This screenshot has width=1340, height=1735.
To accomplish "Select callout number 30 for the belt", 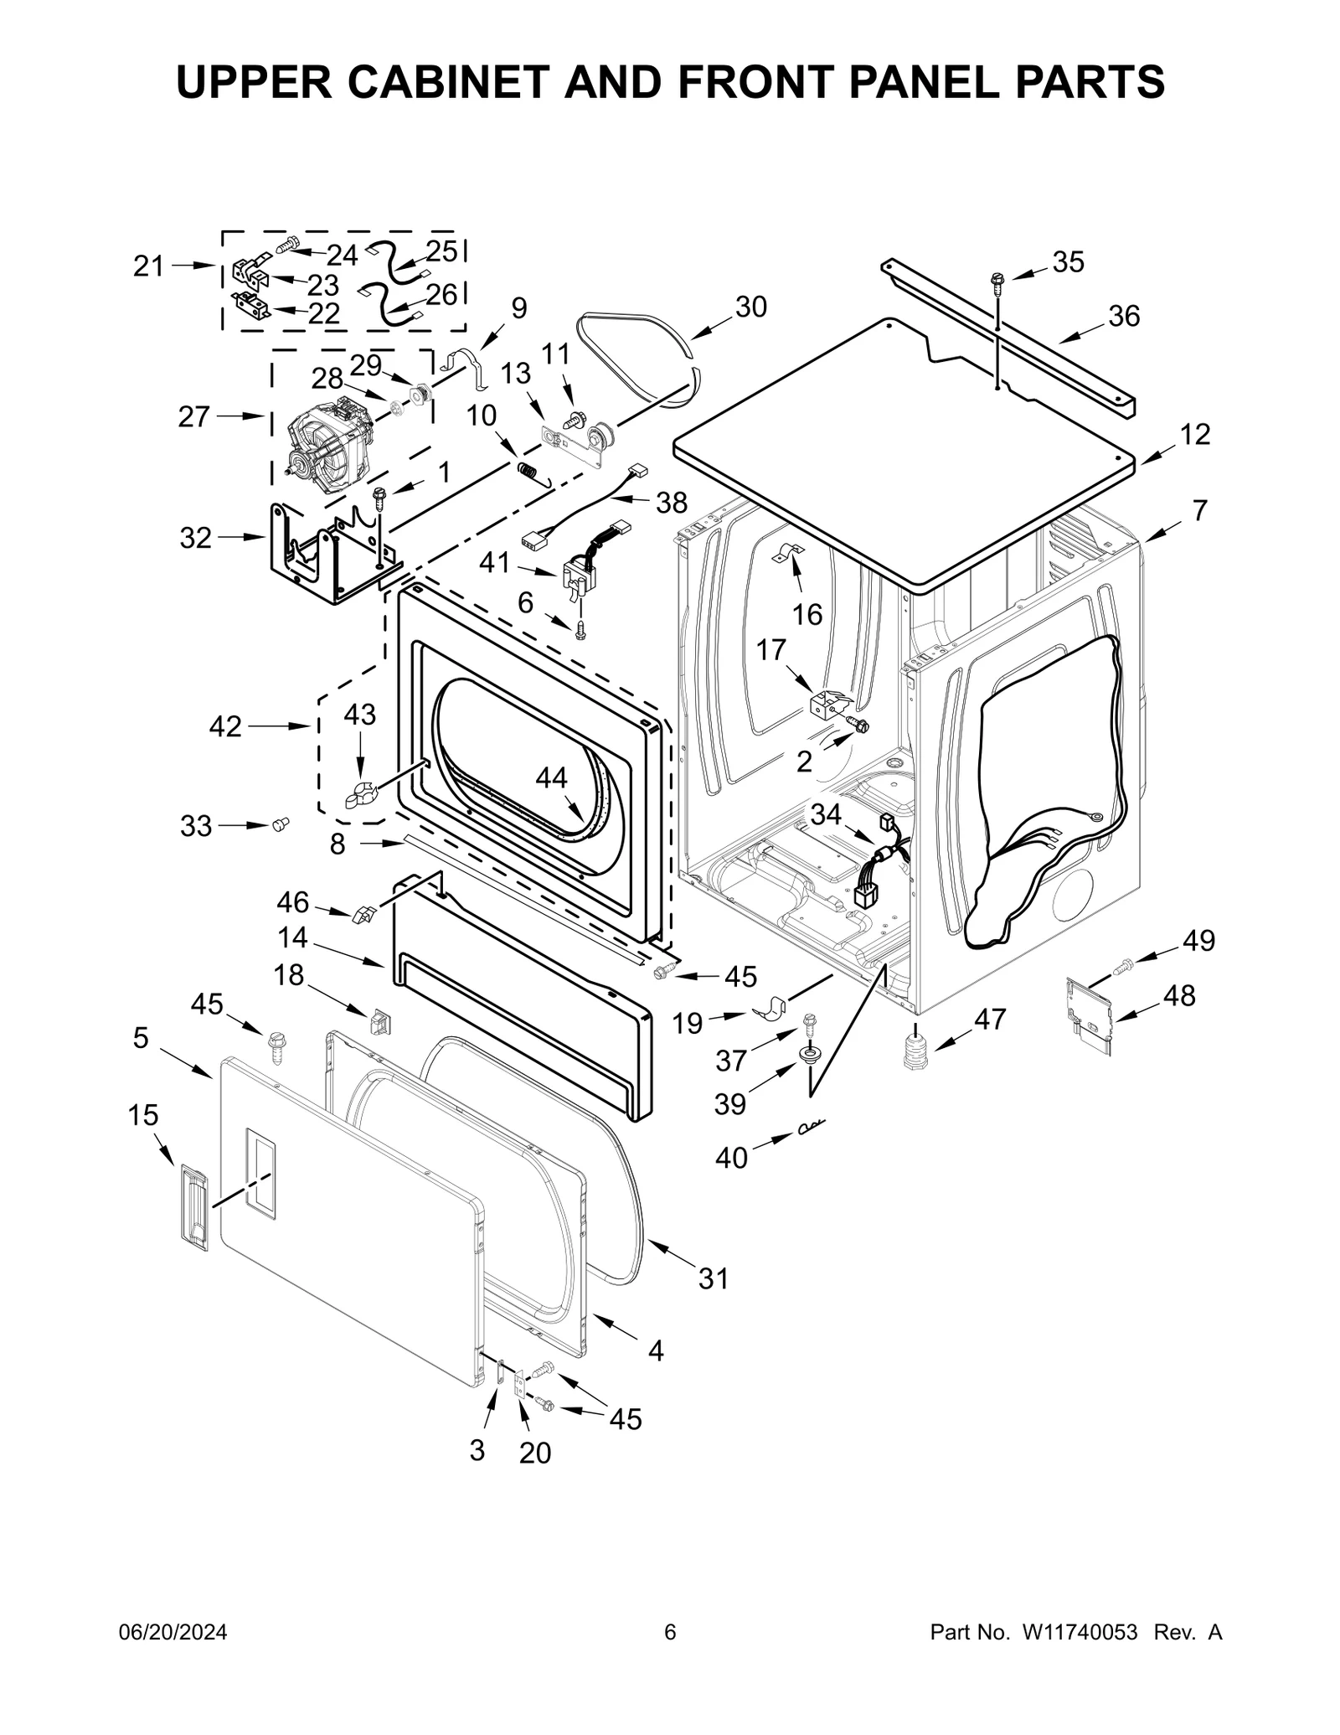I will tap(750, 307).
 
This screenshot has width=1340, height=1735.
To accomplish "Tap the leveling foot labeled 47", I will tap(918, 1051).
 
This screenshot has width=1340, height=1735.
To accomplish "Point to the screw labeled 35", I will tap(997, 281).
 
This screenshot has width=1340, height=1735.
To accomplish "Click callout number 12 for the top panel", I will tap(1195, 434).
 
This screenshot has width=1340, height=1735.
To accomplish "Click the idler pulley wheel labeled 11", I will tap(600, 436).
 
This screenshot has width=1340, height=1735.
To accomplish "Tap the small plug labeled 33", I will tap(281, 825).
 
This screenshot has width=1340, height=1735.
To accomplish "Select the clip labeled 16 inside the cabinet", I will tap(787, 552).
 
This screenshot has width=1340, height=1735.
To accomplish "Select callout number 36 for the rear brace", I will tap(1124, 316).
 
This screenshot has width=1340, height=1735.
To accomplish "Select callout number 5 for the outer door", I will tap(141, 1038).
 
